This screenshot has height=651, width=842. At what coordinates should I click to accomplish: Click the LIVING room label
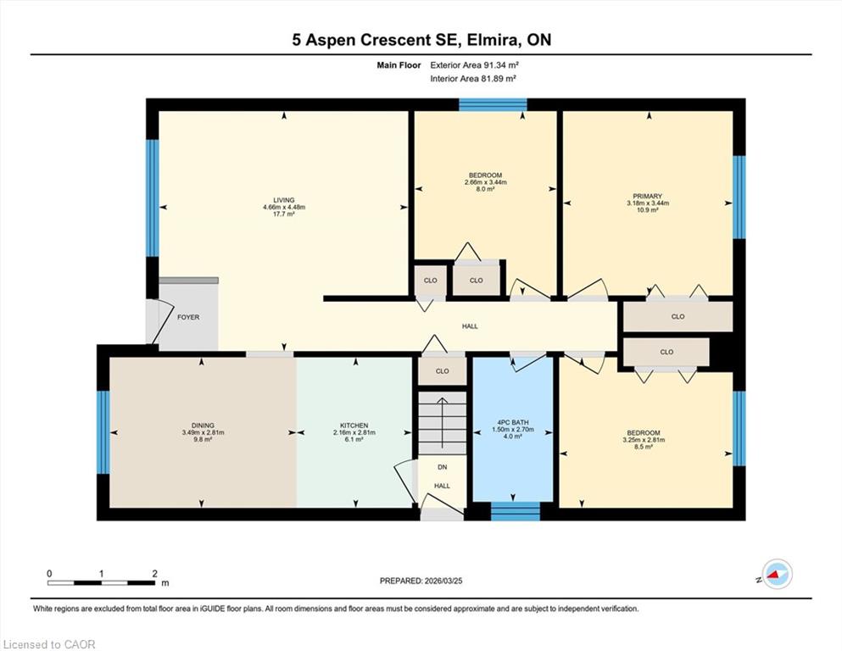[284, 200]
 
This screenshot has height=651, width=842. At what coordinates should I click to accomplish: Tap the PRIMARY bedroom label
[647, 197]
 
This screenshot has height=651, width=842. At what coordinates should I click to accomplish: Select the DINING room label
[203, 426]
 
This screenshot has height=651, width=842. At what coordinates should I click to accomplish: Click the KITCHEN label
[354, 426]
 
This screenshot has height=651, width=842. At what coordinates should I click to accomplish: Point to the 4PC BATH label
[513, 422]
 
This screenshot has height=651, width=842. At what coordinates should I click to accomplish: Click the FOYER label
[188, 317]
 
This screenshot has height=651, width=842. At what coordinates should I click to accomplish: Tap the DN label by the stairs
[442, 467]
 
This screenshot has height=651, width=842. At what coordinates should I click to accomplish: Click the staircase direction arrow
[442, 423]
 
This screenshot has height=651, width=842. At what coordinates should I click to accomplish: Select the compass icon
[777, 574]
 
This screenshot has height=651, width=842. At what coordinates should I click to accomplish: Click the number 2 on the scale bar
[154, 573]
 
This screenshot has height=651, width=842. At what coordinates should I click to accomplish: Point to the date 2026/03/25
[443, 581]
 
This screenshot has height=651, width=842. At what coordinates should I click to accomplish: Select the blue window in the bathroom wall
[516, 511]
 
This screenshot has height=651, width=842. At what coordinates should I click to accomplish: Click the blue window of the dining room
[103, 432]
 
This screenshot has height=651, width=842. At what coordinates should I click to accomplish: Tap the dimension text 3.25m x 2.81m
[644, 440]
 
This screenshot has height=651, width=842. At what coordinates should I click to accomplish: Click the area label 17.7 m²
[284, 214]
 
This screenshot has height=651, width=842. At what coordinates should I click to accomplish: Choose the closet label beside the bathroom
[442, 371]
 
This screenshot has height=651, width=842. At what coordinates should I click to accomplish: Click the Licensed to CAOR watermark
[49, 644]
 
